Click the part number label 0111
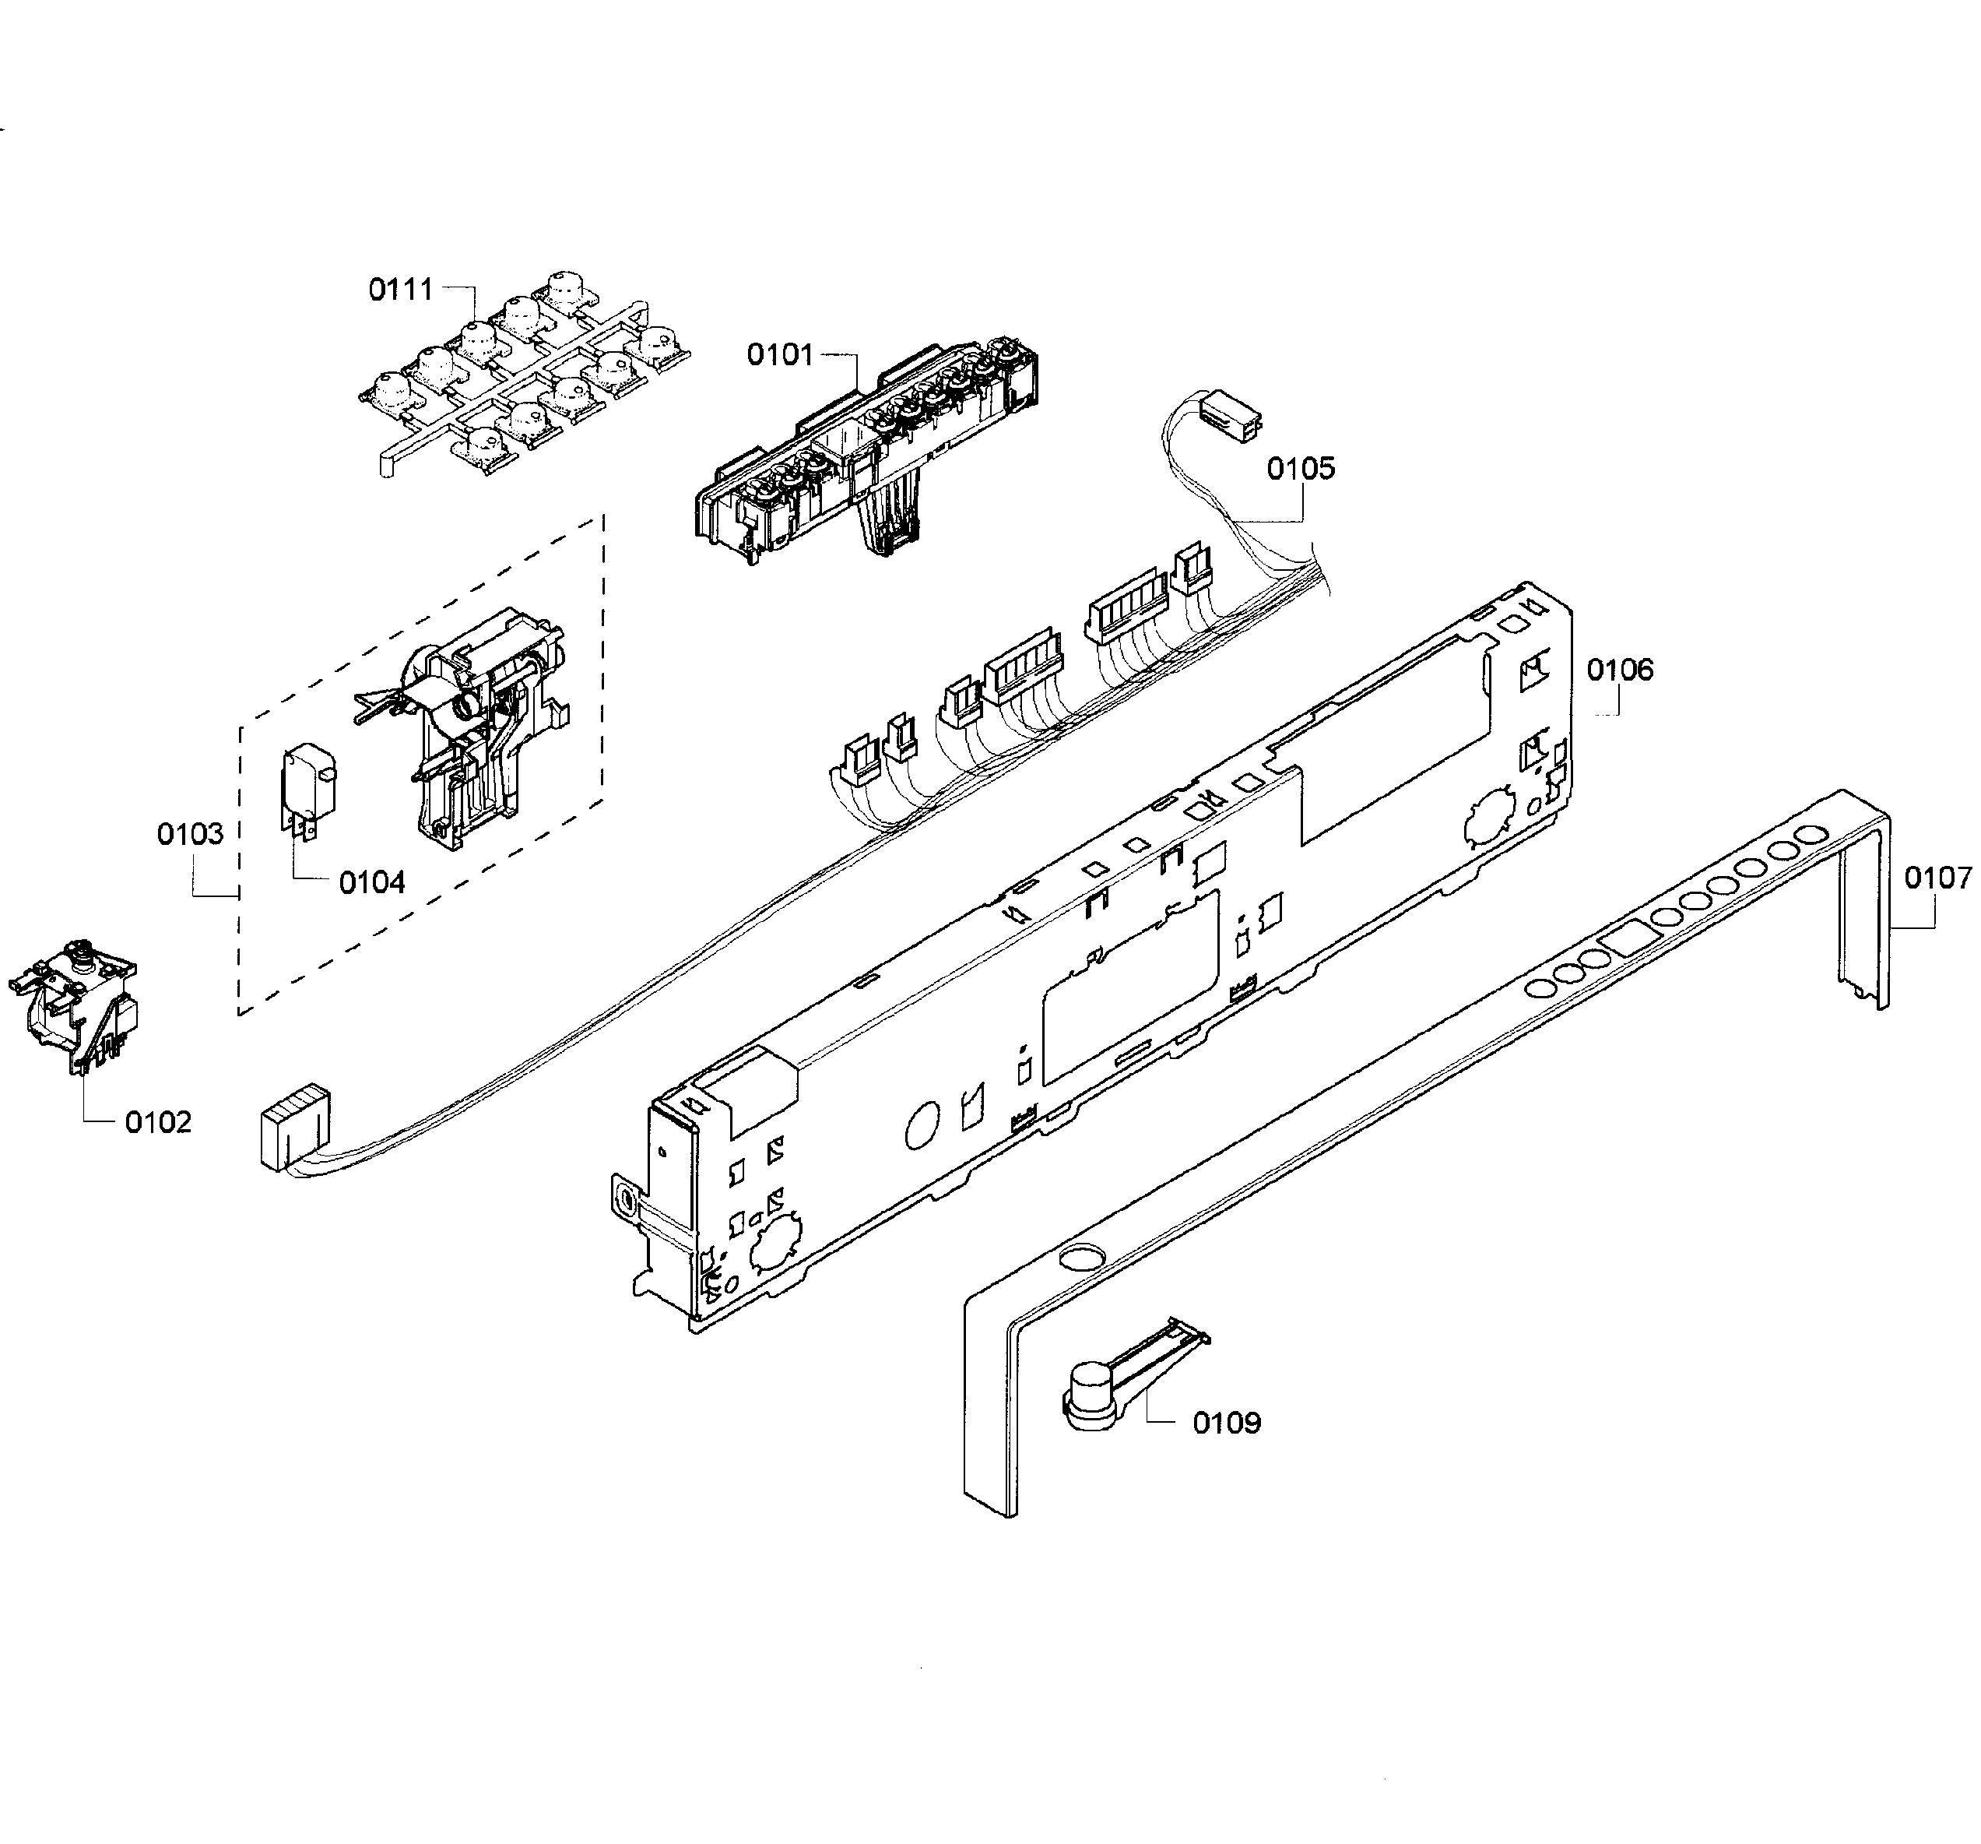tap(401, 290)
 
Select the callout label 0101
tap(780, 355)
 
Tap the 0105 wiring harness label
tap(1301, 469)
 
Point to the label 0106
tap(1619, 670)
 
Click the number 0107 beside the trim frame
tap(1937, 878)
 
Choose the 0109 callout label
tap(1227, 1423)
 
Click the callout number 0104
tap(372, 882)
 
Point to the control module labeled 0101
tap(867, 449)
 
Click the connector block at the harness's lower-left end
tap(291, 1126)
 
